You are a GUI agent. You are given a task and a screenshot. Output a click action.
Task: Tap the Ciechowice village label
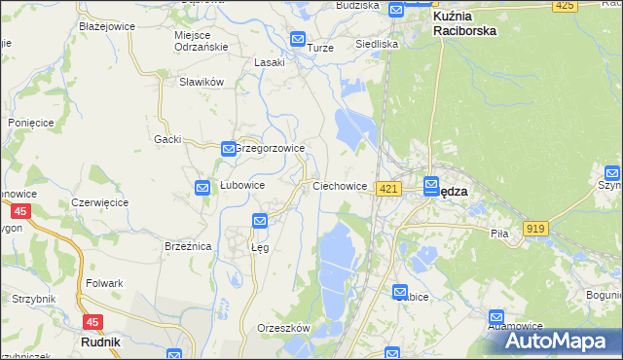pos(339,185)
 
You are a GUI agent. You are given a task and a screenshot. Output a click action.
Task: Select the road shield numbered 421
pos(388,189)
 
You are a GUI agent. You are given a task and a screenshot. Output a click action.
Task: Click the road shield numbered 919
pos(534,228)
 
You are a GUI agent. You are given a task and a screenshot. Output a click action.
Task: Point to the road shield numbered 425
pos(564,6)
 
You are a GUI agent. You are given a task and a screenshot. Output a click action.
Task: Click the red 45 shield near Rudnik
pos(92,322)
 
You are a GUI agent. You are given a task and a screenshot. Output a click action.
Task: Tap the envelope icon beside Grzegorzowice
pos(228,149)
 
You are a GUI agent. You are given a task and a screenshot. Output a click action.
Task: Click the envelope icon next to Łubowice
pos(202,188)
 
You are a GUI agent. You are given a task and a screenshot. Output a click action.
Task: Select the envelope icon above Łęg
pos(260,222)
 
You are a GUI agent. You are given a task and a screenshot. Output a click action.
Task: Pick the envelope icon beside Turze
pos(298,40)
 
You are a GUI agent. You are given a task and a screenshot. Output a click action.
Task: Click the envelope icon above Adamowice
pos(497,317)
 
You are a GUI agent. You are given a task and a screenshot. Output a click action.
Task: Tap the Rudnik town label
pos(101,342)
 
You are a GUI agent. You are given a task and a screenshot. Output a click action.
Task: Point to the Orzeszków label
pos(282,328)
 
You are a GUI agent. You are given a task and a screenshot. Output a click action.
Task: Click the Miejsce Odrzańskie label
pos(201,41)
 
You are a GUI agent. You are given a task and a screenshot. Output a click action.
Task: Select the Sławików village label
pos(202,82)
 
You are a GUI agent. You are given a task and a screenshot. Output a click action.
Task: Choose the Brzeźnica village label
pos(188,247)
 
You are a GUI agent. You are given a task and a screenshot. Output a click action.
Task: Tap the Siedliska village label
pos(377,45)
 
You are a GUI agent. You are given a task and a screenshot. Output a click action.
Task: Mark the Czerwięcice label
pos(100,202)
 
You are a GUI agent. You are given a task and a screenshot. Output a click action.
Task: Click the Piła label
pos(500,234)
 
